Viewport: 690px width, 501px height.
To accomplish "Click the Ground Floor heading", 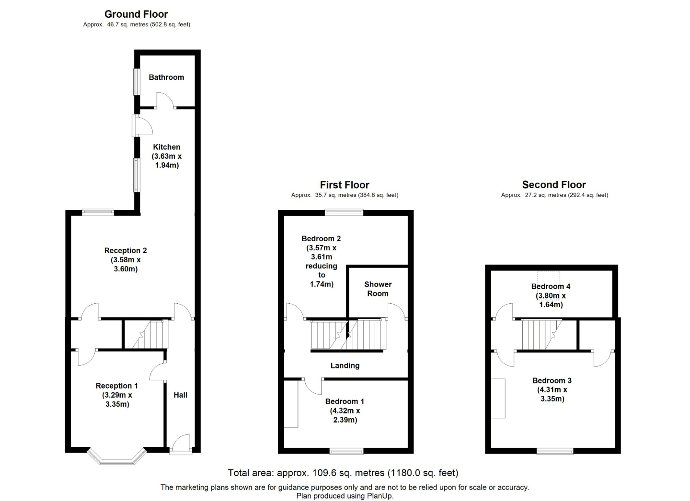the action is pos(136,14).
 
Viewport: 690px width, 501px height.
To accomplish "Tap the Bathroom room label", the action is pos(166,77).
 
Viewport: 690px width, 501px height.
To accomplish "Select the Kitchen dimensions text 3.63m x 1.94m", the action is pos(166,161).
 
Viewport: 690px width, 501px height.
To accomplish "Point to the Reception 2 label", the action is pos(125,251).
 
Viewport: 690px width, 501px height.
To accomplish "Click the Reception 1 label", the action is pos(117,386).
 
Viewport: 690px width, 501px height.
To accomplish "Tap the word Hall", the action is pos(181,395).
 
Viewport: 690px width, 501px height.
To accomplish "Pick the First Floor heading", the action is pos(345,185).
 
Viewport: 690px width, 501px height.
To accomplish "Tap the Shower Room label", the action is pos(378,289).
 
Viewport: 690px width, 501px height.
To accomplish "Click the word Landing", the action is pos(345,366).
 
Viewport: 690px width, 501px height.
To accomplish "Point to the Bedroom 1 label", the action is pos(345,401).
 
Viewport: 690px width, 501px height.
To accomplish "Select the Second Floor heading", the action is pos(554,185).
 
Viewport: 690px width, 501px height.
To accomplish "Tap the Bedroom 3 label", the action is pos(552,381).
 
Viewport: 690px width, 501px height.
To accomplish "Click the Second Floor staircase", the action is pos(542,335).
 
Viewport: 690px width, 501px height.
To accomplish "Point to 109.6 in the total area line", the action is pos(325,473).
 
